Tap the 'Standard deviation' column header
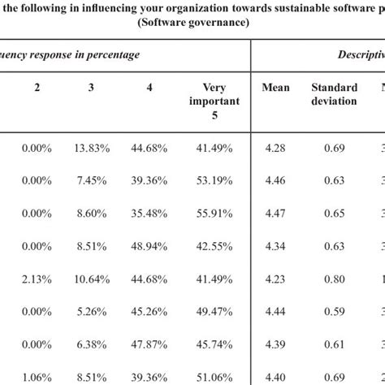pos(333,94)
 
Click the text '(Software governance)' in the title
pos(192,24)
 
